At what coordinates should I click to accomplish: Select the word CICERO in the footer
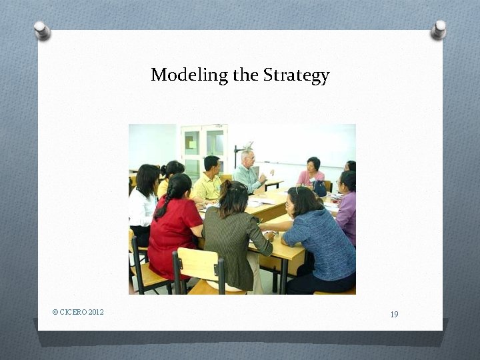(x=73, y=312)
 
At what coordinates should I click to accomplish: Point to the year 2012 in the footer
(x=96, y=312)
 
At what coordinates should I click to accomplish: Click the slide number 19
(x=394, y=314)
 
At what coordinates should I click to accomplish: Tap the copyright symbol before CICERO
(x=55, y=312)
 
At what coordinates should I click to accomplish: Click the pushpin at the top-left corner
(x=42, y=29)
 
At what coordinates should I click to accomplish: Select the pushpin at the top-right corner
(x=439, y=29)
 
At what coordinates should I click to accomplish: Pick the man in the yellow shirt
(x=209, y=181)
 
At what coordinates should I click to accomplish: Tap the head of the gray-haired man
(x=247, y=157)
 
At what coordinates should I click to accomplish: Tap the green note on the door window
(x=191, y=142)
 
